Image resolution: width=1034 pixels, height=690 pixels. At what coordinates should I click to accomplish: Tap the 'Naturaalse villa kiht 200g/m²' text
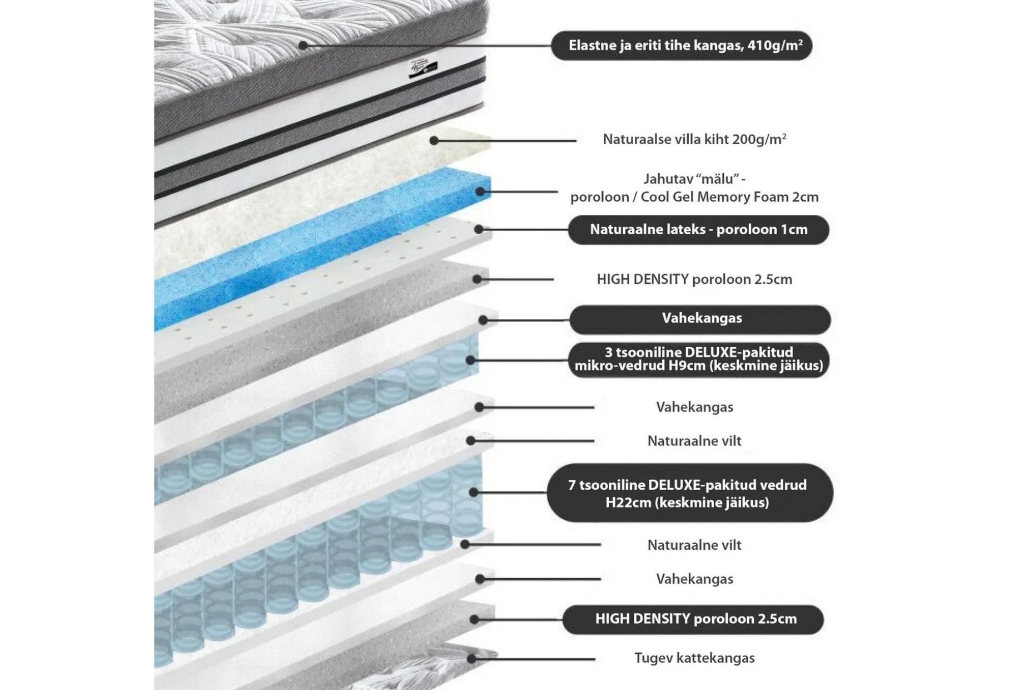pos(694,139)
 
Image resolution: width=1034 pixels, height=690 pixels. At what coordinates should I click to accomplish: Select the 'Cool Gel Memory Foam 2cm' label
pos(729,197)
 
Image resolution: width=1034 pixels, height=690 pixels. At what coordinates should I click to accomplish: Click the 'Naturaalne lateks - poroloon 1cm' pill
pos(698,230)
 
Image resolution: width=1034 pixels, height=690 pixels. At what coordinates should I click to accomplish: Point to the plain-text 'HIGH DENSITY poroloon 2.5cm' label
pos(694,279)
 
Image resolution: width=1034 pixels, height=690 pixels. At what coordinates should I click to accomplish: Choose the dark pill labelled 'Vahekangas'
pos(700,319)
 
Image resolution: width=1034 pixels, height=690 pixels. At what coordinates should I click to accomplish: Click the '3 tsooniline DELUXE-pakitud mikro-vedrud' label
pos(698,359)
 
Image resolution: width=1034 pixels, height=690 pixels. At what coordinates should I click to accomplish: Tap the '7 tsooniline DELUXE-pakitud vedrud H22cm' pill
pos(690,493)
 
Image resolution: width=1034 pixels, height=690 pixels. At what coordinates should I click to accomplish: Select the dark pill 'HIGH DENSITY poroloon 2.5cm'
pos(693,619)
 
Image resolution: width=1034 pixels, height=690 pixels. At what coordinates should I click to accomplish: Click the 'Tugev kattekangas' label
pos(694,658)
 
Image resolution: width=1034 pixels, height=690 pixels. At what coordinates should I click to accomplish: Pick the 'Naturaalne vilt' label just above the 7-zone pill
pos(694,441)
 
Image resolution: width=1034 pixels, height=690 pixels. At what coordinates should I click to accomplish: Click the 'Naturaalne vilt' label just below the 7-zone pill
pos(694,545)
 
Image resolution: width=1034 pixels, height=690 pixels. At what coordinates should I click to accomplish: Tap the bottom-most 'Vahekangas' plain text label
pos(694,579)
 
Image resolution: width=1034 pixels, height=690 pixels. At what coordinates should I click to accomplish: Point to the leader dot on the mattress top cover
pos(303,45)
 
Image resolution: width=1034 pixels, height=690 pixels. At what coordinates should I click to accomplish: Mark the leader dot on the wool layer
pos(434,141)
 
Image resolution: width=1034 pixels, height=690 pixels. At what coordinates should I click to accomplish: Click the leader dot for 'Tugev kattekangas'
pos(471,659)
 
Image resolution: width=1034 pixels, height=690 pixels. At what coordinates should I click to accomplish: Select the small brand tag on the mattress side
pos(423,70)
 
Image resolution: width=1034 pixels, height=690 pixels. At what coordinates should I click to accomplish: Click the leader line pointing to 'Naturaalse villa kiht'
pos(505,141)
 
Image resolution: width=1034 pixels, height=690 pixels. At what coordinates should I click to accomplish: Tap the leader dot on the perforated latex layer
pos(479,229)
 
